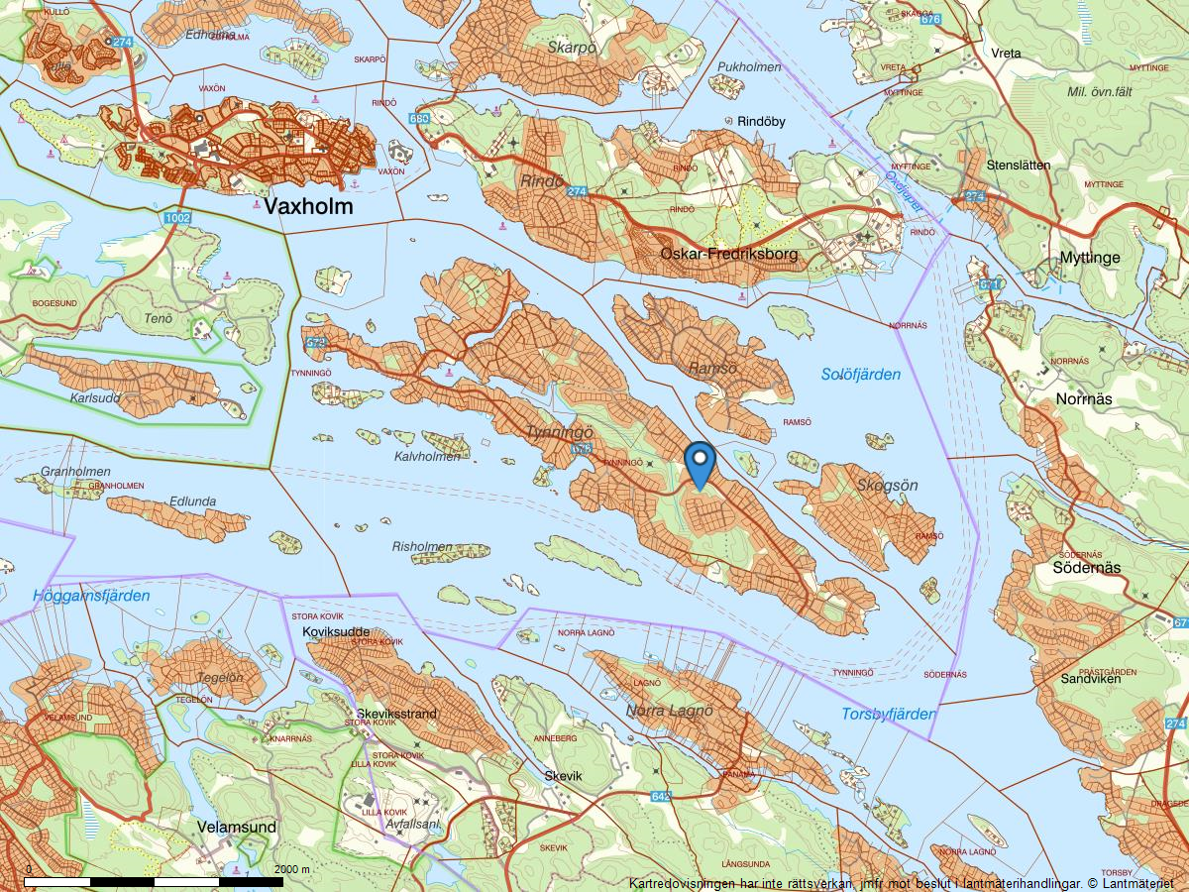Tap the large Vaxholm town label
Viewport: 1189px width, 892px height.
[306, 206]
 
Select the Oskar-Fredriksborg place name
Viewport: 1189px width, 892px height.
[728, 255]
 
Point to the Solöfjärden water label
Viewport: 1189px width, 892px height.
[861, 375]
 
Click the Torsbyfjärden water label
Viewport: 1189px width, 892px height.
[889, 714]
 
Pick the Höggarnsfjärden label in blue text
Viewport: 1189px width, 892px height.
[90, 596]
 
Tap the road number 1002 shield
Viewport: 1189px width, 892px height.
[178, 217]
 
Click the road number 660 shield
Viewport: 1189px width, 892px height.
[419, 119]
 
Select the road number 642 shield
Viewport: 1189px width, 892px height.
[662, 797]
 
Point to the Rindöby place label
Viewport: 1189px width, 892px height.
[761, 122]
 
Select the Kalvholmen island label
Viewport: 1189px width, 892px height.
[427, 457]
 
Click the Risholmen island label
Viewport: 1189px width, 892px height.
[422, 546]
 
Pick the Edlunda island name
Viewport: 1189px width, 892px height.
[192, 502]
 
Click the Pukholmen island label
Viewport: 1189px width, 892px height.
[749, 67]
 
